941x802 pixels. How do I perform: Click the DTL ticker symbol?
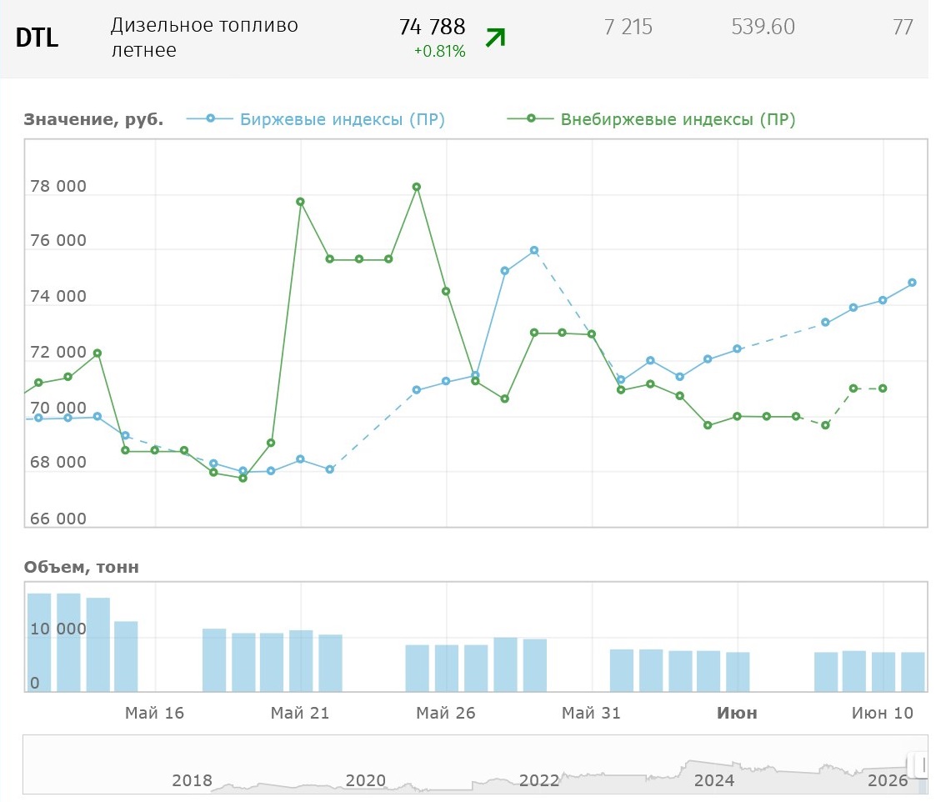coord(38,38)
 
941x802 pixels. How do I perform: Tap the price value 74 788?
coord(432,27)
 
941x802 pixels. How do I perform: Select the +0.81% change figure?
coord(440,52)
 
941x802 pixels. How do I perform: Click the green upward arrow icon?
coord(496,38)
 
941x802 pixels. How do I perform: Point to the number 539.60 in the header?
coord(763,27)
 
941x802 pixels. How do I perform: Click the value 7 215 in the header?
coord(628,27)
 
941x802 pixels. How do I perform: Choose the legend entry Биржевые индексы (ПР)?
coord(316,119)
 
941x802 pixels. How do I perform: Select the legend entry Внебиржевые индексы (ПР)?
coord(652,119)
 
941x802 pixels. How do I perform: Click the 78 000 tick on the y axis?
coord(58,186)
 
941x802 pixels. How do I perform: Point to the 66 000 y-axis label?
coord(58,519)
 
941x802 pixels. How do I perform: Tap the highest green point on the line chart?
coord(417,188)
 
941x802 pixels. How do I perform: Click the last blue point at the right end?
coord(912,283)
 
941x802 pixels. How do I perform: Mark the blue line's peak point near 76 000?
coord(534,250)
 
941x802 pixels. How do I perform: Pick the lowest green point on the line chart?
coord(243,479)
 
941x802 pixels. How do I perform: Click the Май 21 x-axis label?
coord(300,713)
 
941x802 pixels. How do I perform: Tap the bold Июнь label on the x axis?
coord(737,713)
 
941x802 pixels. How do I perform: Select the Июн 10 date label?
coord(882,713)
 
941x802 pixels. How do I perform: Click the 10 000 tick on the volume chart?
coord(58,629)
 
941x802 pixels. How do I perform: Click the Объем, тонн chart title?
coord(82,567)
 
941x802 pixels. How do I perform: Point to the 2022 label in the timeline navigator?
coord(539,780)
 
